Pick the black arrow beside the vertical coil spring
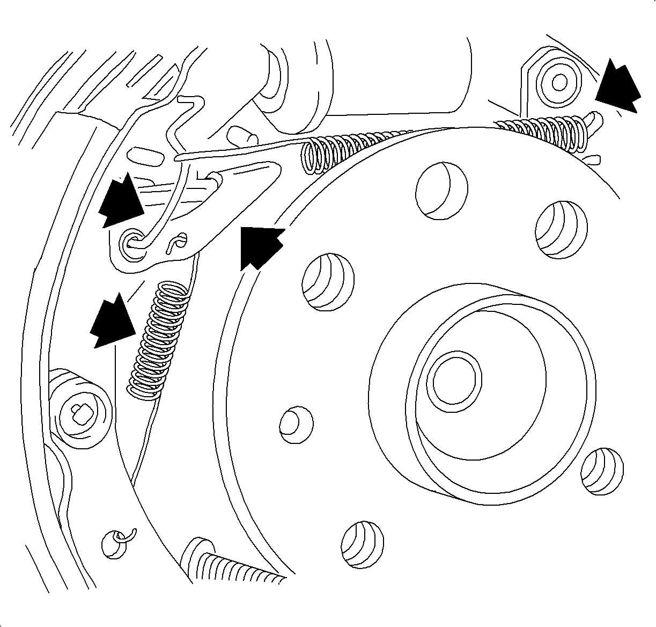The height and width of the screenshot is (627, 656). tap(112, 321)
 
